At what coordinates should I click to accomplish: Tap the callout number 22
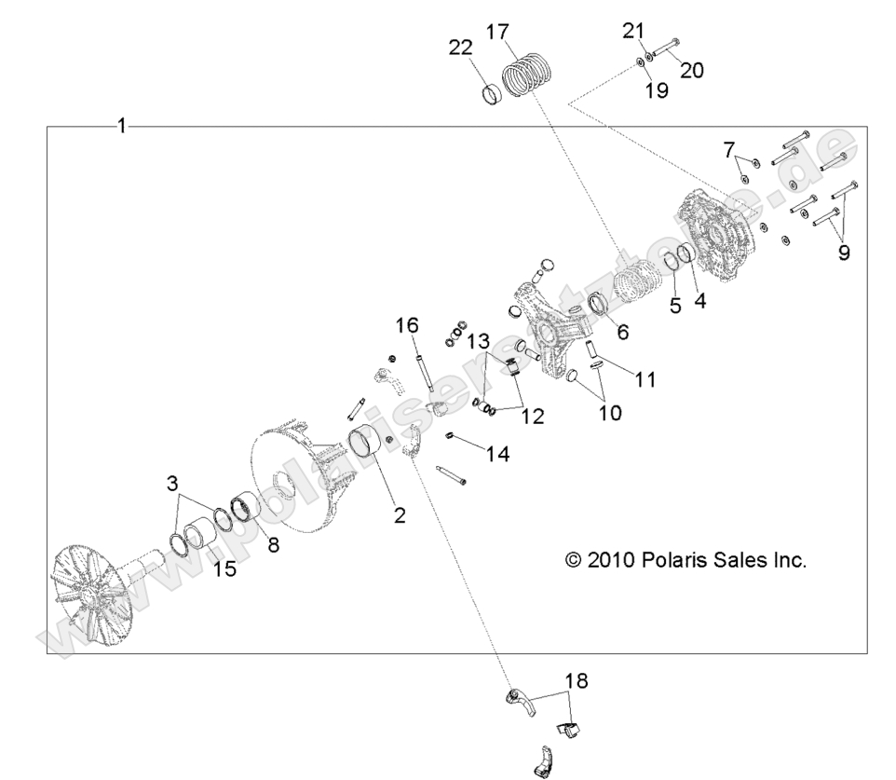click(x=461, y=48)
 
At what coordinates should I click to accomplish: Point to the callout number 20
click(x=691, y=69)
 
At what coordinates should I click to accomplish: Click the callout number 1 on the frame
click(x=121, y=126)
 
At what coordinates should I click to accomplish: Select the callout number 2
click(x=399, y=514)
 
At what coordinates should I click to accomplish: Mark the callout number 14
click(x=497, y=453)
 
